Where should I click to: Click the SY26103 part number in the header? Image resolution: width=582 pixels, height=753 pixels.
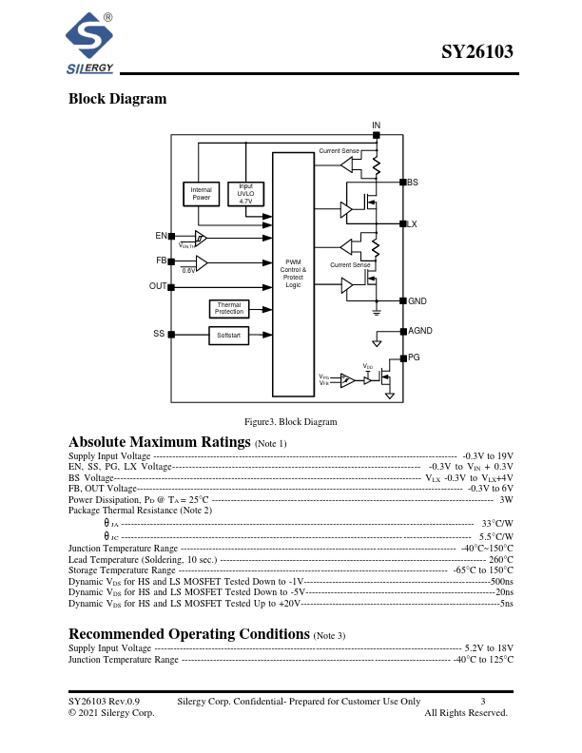(x=477, y=54)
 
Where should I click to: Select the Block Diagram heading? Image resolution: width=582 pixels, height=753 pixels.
(x=117, y=99)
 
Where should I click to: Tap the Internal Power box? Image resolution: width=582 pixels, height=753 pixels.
(x=201, y=193)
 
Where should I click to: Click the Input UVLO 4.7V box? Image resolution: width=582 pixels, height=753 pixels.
(x=245, y=193)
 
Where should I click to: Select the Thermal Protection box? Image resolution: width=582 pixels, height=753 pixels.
(x=228, y=308)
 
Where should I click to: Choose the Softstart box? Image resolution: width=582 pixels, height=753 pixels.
(x=228, y=336)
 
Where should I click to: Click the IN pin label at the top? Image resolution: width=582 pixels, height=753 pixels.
(x=376, y=125)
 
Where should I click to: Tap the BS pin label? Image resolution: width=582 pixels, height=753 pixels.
(x=413, y=182)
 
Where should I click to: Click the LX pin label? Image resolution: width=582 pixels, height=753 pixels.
(x=412, y=223)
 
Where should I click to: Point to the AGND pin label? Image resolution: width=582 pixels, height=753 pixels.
(x=419, y=330)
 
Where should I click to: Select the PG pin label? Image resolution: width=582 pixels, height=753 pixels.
(x=414, y=357)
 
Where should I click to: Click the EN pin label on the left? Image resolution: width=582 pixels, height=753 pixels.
(x=161, y=235)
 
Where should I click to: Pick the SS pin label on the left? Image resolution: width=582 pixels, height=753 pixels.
(x=159, y=334)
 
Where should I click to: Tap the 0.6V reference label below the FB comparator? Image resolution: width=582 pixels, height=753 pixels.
(x=188, y=271)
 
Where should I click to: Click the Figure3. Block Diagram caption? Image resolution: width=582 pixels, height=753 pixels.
(x=290, y=421)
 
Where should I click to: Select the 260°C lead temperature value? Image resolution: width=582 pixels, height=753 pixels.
(x=501, y=560)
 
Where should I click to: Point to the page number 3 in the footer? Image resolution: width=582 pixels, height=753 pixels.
(x=483, y=701)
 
